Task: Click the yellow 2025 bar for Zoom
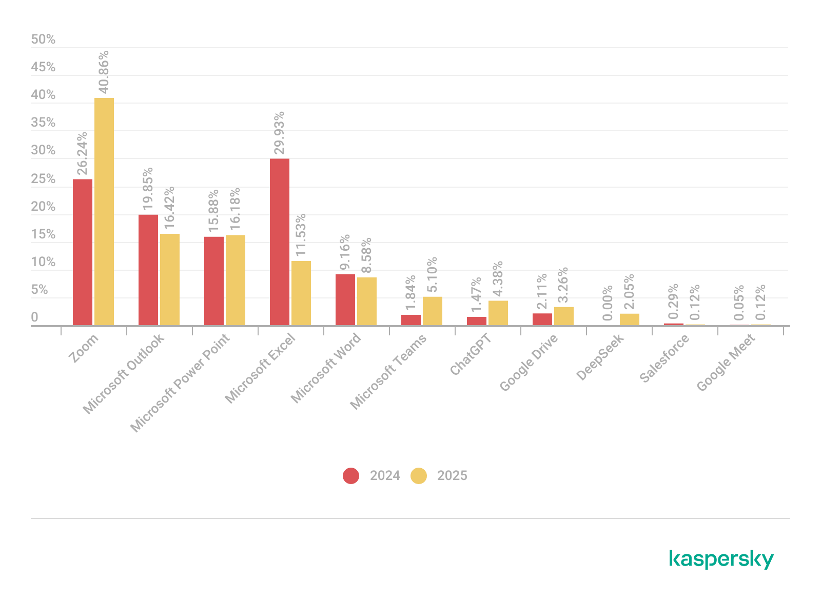104,211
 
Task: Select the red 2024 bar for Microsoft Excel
280,242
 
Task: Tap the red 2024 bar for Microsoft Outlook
148,270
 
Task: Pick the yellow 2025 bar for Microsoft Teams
433,311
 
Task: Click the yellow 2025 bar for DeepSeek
630,319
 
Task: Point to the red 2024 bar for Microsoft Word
345,299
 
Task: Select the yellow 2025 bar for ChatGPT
498,313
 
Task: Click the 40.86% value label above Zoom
104,72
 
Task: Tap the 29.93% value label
280,133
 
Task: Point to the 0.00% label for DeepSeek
608,304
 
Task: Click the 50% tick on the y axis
43,39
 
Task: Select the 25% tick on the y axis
43,179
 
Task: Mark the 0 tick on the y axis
34,318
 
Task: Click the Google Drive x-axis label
529,363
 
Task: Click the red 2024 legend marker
351,476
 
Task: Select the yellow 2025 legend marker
419,476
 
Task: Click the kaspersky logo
721,559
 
